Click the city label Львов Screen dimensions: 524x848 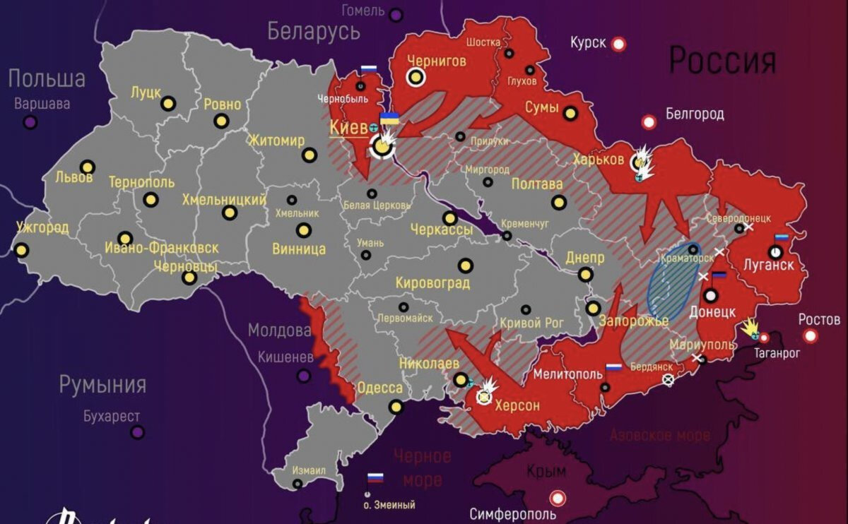click(x=74, y=177)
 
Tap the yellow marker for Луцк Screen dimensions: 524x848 click(x=167, y=104)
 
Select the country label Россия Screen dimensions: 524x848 click(x=722, y=61)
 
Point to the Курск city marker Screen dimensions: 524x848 click(x=619, y=44)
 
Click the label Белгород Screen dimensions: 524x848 click(x=695, y=114)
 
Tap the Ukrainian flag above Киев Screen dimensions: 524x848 click(x=389, y=118)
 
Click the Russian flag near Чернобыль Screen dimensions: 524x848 click(x=369, y=70)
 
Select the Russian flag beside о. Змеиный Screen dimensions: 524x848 click(x=375, y=478)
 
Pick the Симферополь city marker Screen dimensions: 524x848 click(x=558, y=498)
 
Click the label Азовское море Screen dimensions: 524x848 click(x=659, y=435)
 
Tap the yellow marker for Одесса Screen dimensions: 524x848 click(x=396, y=407)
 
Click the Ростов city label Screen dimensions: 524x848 click(x=820, y=318)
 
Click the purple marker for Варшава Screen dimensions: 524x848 click(x=30, y=122)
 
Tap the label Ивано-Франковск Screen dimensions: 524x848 click(x=161, y=249)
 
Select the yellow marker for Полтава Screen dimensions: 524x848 click(x=559, y=203)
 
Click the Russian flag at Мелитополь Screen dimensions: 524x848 click(x=613, y=368)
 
